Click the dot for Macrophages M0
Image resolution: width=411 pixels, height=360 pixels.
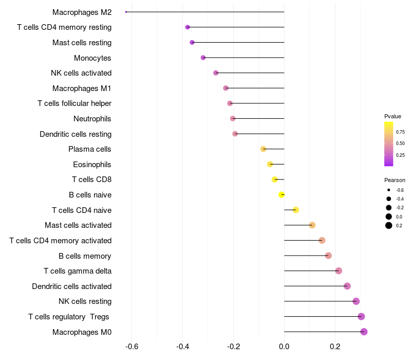364,332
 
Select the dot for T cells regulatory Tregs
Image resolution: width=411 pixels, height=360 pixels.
361,317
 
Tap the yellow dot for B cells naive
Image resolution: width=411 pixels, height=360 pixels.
282,195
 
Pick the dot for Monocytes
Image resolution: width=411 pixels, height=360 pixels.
203,58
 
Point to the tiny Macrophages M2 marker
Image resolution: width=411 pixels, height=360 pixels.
126,12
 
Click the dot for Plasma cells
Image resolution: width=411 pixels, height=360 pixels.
264,149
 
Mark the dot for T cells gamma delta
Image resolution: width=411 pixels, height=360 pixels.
339,271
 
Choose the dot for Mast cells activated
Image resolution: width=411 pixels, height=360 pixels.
312,225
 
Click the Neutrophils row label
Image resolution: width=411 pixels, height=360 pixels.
92,119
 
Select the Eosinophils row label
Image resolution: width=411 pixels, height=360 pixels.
92,165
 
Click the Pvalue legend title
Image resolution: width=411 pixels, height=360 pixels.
393,116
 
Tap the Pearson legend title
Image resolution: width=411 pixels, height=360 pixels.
395,180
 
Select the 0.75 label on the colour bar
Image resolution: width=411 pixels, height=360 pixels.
400,132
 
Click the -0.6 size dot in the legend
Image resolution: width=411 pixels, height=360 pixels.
389,190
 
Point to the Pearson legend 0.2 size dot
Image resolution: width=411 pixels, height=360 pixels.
389,225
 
